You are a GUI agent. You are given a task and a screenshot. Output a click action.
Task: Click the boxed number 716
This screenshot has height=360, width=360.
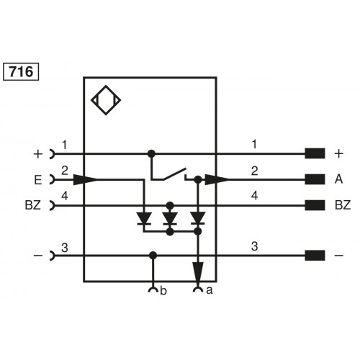[x=22, y=72]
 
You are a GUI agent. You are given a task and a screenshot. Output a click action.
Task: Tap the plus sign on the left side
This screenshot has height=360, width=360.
[x=37, y=153]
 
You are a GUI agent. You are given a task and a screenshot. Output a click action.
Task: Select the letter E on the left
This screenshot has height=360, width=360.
[x=37, y=179]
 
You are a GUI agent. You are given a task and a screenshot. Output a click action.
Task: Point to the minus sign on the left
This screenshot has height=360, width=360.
[x=37, y=254]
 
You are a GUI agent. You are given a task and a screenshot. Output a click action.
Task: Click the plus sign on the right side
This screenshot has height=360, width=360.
[x=339, y=153]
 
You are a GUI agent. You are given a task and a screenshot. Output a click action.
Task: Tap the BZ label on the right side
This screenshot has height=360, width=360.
[x=343, y=205]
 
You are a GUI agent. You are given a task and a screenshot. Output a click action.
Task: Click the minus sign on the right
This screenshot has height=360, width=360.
[x=339, y=254]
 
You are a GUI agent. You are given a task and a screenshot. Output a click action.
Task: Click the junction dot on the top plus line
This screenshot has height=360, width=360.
[x=151, y=153]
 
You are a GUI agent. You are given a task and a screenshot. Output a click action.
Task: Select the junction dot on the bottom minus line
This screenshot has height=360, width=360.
[x=151, y=254]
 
